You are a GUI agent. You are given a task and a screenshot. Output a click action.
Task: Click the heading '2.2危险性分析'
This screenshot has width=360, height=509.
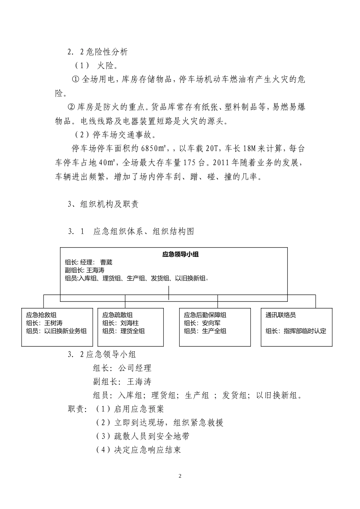tap(98, 52)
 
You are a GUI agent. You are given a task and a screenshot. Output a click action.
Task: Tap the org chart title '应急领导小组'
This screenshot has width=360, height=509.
tap(180, 254)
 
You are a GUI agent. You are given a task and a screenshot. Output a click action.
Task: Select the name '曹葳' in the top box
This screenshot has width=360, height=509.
tap(106, 262)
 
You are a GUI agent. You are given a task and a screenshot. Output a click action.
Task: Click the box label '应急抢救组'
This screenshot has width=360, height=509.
tap(41, 315)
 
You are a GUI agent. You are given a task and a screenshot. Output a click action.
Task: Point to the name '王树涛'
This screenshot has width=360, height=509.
tap(53, 323)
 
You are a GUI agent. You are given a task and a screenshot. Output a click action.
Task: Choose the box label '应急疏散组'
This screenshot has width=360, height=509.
tap(117, 315)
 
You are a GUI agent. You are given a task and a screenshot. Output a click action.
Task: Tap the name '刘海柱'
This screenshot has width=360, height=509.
tap(130, 323)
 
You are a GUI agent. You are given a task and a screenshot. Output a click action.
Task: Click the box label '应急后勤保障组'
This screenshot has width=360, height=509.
tap(205, 315)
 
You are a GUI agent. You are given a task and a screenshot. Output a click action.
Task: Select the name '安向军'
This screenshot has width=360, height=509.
tap(211, 323)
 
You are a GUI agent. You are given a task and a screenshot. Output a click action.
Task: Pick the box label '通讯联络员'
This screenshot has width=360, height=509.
tap(281, 315)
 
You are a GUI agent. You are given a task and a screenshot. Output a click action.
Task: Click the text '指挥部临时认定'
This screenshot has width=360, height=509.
tap(305, 331)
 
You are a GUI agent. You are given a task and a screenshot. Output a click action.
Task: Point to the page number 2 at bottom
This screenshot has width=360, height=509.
tap(180, 476)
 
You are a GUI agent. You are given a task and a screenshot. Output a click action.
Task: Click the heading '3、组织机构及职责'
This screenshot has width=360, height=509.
tap(103, 204)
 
